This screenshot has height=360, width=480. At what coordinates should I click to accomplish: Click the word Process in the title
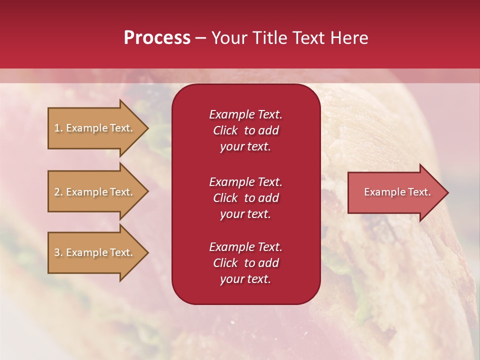point(157,37)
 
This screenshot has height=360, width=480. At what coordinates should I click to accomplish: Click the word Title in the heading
point(269,37)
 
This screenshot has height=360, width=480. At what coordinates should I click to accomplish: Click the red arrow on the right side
point(395,192)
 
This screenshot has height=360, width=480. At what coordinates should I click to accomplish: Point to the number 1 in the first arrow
point(57,128)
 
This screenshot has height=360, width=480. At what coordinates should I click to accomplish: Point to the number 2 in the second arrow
point(57,192)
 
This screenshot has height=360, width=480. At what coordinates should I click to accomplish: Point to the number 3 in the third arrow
point(57,252)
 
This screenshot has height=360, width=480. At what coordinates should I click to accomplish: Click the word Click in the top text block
point(225,130)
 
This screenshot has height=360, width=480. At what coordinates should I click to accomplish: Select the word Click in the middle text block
point(225,198)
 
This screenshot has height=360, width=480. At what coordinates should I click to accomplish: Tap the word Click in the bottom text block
point(225,263)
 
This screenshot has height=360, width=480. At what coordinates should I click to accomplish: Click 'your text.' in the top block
point(245,147)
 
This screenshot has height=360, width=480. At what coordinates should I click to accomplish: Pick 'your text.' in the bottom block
point(245,279)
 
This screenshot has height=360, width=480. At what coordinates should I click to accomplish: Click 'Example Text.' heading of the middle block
point(245,181)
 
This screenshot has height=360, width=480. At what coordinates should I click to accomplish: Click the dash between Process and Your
point(201,38)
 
